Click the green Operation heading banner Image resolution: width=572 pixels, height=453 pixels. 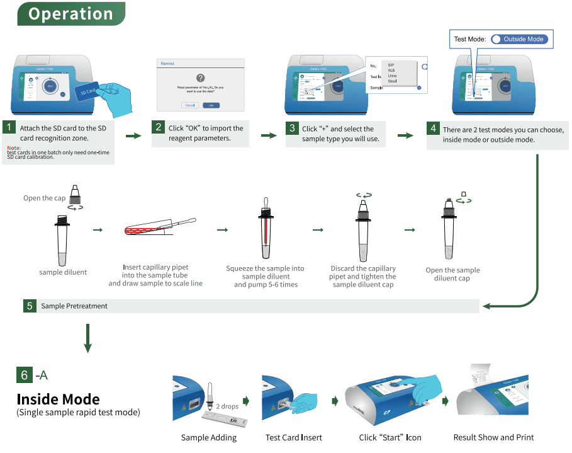(x=71, y=13)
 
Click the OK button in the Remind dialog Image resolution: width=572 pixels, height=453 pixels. (x=211, y=105)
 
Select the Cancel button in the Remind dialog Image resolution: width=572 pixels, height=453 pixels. (x=189, y=105)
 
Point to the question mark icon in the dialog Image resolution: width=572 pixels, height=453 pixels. (x=201, y=77)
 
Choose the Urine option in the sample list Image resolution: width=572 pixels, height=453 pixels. (x=392, y=76)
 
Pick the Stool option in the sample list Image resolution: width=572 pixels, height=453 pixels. (x=392, y=81)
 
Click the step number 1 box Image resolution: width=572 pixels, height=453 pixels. (x=9, y=127)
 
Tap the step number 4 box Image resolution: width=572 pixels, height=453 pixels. (x=433, y=129)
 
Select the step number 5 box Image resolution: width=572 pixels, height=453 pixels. (x=30, y=306)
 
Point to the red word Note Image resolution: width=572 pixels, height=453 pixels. (x=14, y=148)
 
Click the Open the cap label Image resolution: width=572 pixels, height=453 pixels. (x=44, y=198)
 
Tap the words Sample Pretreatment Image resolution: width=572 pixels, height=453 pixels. (x=74, y=306)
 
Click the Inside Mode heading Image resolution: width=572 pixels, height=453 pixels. (x=58, y=399)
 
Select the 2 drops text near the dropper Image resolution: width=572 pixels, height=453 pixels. (x=227, y=406)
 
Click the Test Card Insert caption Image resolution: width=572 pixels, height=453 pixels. (x=293, y=437)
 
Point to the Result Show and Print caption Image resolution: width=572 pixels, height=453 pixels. (x=493, y=437)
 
